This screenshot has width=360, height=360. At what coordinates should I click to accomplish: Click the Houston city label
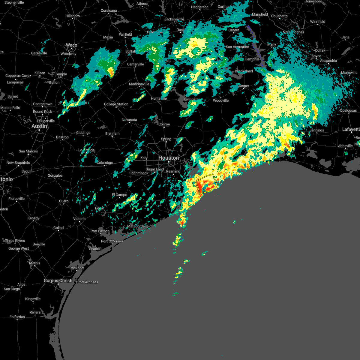(x=168, y=158)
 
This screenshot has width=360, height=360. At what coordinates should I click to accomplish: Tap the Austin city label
(x=39, y=126)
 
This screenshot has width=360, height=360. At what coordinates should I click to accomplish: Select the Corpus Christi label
(x=58, y=280)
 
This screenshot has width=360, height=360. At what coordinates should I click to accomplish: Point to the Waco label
(x=71, y=45)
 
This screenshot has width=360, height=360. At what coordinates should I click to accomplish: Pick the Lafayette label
(x=351, y=129)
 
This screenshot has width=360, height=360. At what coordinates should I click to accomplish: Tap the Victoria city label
(x=79, y=219)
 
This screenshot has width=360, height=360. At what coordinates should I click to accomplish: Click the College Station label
(x=116, y=104)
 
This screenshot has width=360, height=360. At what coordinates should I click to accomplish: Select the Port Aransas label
(x=88, y=282)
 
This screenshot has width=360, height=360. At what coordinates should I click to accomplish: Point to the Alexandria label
(x=328, y=61)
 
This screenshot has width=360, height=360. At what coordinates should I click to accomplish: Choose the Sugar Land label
(x=155, y=169)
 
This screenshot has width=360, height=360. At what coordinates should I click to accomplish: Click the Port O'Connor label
(x=112, y=241)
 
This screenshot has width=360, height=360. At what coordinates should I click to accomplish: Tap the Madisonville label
(x=139, y=84)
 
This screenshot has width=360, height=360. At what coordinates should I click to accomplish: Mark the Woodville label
(x=221, y=100)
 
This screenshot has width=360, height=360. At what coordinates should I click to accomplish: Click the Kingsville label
(x=33, y=299)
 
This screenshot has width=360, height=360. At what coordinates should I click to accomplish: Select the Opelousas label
(x=348, y=110)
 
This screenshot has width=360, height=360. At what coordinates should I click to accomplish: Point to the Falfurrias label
(x=17, y=317)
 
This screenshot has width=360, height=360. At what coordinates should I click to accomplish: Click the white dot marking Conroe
(x=164, y=127)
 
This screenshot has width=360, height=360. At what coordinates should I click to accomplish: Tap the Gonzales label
(x=55, y=175)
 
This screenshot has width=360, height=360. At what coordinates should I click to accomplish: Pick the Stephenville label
(x=14, y=2)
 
